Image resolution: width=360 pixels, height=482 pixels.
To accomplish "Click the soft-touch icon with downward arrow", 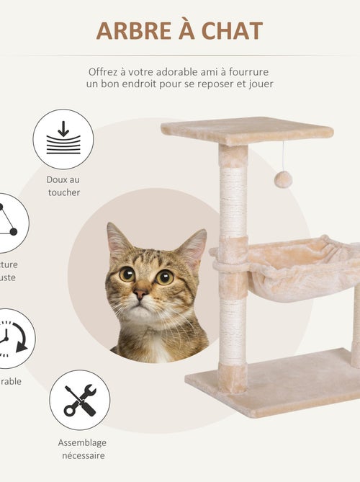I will (63, 139).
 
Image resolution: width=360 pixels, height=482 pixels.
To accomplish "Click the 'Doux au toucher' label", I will (63, 186).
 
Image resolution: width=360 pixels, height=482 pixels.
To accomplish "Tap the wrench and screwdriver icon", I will (79, 400).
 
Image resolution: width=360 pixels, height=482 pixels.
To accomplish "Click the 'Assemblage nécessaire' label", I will (81, 449).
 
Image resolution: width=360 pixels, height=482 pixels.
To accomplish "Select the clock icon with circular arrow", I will (11, 338).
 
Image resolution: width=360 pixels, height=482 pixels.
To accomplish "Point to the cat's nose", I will (142, 294).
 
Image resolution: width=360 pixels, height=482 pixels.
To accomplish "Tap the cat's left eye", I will (127, 274).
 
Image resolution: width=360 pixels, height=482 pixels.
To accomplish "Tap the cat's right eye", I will (164, 276).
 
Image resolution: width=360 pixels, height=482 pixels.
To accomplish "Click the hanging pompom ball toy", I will (283, 179).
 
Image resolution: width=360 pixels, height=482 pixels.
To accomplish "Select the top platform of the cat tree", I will (247, 130).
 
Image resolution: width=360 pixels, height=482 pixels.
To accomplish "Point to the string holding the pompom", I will (283, 155).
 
